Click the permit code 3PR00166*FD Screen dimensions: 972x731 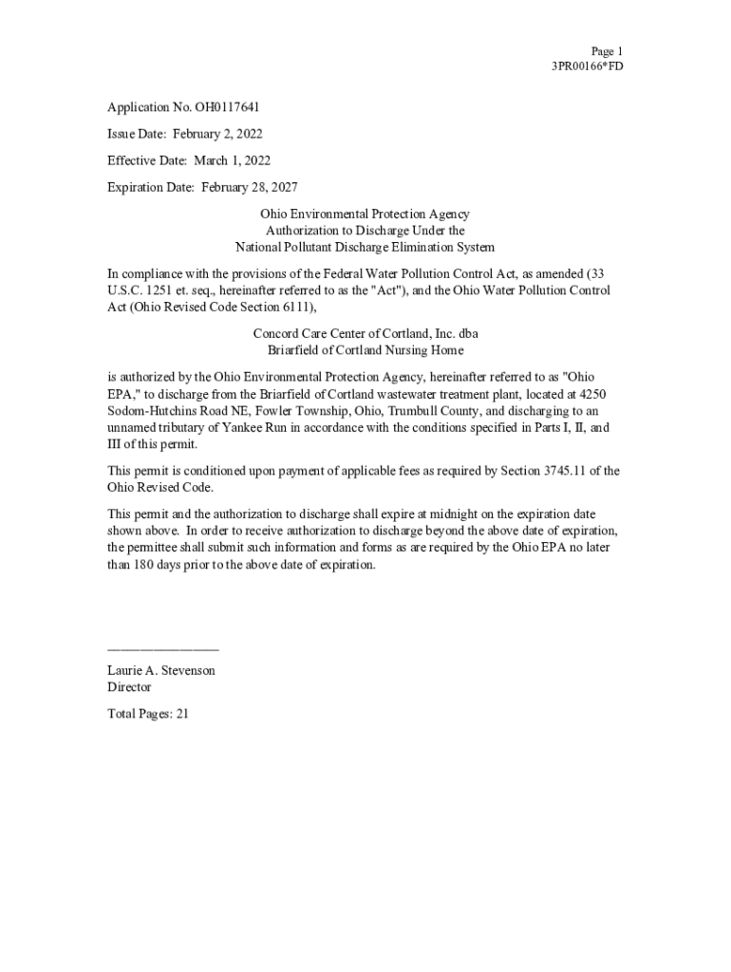(588, 66)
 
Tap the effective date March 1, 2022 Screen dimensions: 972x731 (232, 160)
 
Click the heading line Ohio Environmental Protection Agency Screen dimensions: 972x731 (365, 215)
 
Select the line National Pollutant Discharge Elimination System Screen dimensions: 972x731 (365, 247)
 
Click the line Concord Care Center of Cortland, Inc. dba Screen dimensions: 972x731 (365, 333)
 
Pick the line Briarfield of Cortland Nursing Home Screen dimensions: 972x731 (365, 349)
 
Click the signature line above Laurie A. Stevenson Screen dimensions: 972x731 (162, 648)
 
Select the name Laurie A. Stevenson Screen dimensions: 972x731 (161, 670)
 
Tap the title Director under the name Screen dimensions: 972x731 (129, 686)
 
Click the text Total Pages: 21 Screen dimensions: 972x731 (148, 713)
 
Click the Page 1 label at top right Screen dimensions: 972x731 (607, 51)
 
